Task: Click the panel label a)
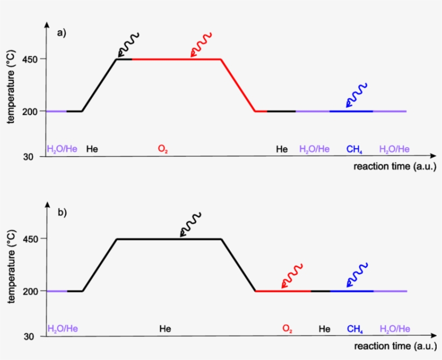coord(61,33)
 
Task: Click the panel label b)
coord(61,212)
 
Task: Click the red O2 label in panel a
coord(163,149)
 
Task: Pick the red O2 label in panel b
coord(287,329)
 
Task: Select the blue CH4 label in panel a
coord(354,149)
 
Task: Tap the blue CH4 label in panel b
coord(355,329)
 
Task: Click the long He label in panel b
coord(165,329)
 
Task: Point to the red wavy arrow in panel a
coord(201,44)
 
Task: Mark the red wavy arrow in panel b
coord(292,276)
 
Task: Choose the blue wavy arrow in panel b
coord(356,275)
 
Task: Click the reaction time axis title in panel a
coord(395,167)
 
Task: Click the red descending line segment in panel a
coord(238,85)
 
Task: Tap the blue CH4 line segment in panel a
coord(351,111)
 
